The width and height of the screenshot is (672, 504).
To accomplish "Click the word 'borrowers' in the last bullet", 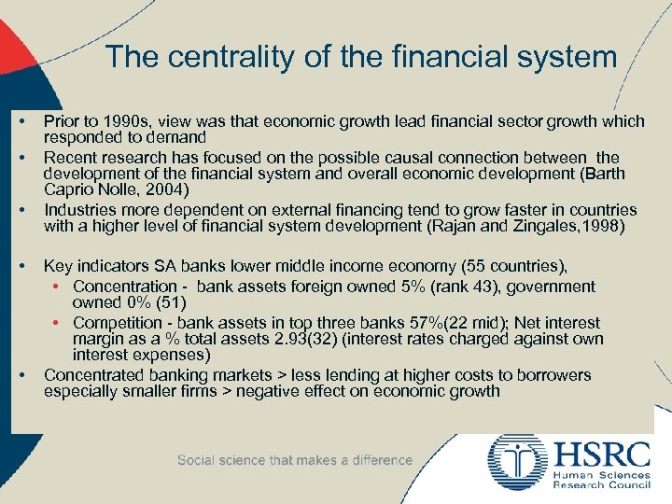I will tap(554, 374).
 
